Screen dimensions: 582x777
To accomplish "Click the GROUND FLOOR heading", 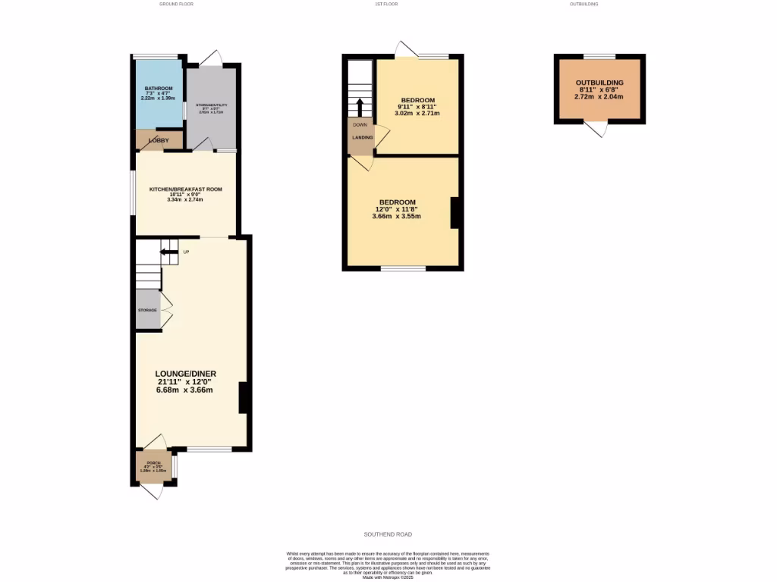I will coord(176,5).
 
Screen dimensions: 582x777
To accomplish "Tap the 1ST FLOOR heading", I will coord(385,5).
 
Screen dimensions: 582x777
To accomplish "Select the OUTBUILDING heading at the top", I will coord(584,5).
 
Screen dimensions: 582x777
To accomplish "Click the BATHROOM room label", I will coord(159,89).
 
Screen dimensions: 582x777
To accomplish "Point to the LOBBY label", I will coord(159,140).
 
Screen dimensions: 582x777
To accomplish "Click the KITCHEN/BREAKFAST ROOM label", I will coord(185,189).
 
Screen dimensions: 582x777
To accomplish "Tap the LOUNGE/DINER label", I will coord(185,374).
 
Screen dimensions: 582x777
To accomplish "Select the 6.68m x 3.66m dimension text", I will coord(185,390).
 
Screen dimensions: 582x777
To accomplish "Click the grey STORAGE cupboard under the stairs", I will coord(148,311).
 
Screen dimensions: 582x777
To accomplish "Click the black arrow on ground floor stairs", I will coord(165,252).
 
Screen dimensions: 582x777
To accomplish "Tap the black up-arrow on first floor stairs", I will coord(360,105).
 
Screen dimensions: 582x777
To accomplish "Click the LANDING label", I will coord(361,137).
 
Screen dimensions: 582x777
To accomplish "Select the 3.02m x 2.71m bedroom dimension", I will coord(417,114).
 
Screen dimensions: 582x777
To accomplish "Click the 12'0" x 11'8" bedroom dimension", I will coord(396,209).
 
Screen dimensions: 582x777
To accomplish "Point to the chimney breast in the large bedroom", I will coord(455,213).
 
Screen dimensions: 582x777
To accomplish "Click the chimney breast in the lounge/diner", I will coord(243,398).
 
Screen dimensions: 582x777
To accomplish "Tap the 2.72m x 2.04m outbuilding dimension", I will coord(599,97).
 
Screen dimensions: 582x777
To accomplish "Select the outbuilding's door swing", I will coord(599,130).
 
